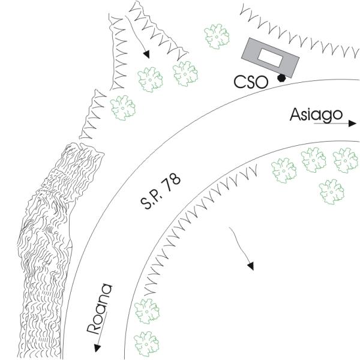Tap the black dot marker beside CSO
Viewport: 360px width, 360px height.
281,77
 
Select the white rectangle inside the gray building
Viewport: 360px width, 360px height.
269,57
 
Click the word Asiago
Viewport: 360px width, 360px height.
316,114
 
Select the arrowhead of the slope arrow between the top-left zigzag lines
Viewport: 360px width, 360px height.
146,55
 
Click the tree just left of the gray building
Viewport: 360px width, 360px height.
217,37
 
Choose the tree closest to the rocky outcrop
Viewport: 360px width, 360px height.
123,107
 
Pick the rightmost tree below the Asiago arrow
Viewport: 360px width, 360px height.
346,160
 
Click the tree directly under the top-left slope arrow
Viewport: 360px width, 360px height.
149,78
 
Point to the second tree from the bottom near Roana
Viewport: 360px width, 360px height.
146,311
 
